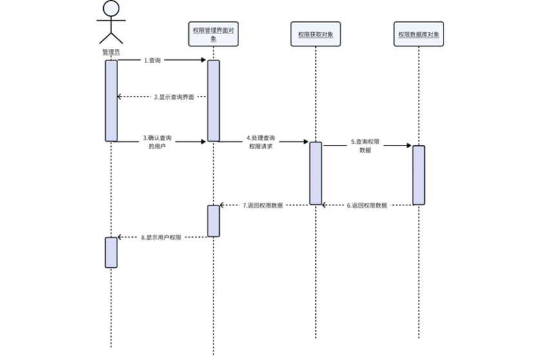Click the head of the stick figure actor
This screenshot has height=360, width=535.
112,8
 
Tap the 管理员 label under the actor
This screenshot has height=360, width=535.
112,52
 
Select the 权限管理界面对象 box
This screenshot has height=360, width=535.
213,34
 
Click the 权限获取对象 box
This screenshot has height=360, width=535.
315,34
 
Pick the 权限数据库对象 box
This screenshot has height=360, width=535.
418,34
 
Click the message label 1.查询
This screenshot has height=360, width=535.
152,60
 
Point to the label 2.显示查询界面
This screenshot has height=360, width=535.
173,97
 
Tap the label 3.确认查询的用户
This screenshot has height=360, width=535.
158,142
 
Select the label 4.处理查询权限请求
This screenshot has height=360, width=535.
260,142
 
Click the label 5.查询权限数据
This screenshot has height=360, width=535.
365,145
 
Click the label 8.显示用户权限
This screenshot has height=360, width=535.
161,237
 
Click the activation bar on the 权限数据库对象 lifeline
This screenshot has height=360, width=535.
418,175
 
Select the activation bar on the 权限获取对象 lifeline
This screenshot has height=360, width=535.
315,173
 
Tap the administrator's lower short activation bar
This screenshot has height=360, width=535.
112,252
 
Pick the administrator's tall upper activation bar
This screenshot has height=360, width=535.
112,100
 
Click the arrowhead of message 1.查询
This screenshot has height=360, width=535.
203,60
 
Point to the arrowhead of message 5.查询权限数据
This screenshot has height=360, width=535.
408,146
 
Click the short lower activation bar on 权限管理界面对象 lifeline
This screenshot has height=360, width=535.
213,221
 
